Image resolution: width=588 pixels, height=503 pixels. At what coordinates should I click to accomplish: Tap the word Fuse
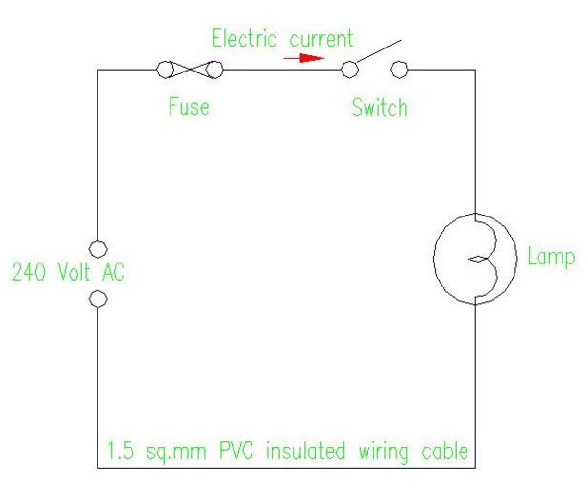(189, 106)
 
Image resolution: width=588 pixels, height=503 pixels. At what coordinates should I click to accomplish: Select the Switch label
(379, 107)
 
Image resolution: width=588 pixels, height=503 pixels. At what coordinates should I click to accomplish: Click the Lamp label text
(550, 257)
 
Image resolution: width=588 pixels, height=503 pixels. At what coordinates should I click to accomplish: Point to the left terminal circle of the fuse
(165, 70)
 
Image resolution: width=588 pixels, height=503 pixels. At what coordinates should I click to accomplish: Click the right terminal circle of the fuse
(214, 70)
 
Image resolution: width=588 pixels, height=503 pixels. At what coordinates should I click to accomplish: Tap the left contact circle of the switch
(349, 70)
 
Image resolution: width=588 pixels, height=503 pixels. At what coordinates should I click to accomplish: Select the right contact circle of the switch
(399, 70)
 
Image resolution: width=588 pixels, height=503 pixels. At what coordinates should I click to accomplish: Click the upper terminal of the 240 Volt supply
(98, 249)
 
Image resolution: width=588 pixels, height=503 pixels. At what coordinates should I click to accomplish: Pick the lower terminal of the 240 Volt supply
(98, 299)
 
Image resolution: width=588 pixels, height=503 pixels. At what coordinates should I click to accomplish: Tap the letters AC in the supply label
(113, 272)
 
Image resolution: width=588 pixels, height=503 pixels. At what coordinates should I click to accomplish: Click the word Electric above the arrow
(244, 39)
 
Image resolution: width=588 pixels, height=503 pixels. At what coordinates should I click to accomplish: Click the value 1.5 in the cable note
(120, 451)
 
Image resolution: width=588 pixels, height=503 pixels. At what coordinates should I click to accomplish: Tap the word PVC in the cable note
(236, 451)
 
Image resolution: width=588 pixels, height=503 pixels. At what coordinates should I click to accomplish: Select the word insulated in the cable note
(305, 451)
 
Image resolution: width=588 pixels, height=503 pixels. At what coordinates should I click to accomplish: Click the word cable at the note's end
(444, 451)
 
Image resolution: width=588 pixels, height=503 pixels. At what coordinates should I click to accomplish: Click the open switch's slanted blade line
(378, 51)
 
